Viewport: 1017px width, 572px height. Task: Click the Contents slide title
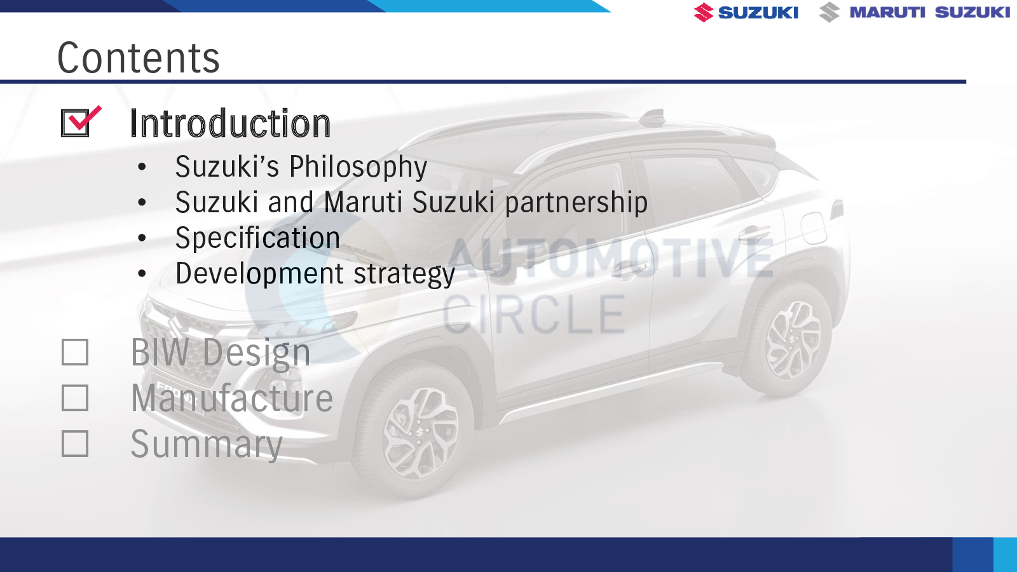(139, 58)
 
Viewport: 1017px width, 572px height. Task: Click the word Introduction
(230, 123)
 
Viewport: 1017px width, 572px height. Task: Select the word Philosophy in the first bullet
(358, 167)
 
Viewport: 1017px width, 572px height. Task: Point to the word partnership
(576, 203)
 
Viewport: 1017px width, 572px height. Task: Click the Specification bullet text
(257, 238)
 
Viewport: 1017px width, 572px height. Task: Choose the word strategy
(404, 275)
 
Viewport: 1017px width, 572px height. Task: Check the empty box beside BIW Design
(75, 352)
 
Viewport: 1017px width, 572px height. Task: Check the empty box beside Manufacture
(75, 398)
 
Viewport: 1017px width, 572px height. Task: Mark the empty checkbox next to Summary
(75, 444)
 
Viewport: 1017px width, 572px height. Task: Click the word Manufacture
(232, 398)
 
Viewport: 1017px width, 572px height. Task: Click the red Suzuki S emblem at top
(703, 12)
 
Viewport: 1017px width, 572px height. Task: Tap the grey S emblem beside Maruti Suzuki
(829, 12)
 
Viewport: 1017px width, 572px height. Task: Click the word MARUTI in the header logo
(887, 12)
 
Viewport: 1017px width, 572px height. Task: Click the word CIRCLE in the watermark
(534, 314)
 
